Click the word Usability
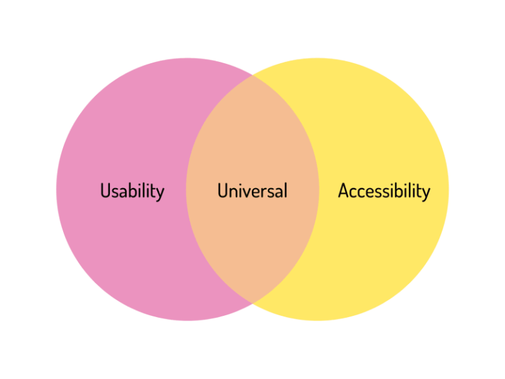(132, 191)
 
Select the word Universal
(252, 191)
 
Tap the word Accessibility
(383, 191)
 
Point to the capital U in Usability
(105, 191)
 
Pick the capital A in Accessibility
(344, 191)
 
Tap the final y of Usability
(160, 193)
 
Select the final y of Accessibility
(425, 193)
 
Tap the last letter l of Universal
(285, 191)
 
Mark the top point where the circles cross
(252, 75)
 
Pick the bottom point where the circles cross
(252, 303)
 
